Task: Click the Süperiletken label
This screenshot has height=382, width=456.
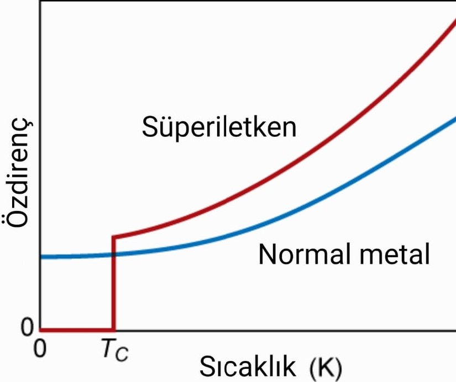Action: coord(219,128)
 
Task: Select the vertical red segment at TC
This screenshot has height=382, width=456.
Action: coord(113,287)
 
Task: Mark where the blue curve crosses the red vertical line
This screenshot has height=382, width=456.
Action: coord(113,254)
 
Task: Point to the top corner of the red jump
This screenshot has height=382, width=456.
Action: coord(113,237)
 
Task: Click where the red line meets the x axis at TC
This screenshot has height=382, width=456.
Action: coord(113,330)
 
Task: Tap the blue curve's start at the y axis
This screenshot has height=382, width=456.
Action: coord(41,257)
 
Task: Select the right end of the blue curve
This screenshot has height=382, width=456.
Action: coord(454,118)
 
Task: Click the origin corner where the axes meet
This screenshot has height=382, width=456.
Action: coord(40,331)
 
